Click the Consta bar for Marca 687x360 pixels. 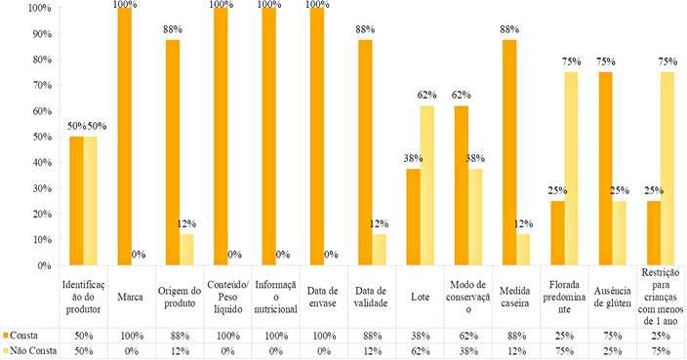[x=125, y=137]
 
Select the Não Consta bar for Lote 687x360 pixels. [x=427, y=185]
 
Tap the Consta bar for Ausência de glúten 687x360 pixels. [x=606, y=169]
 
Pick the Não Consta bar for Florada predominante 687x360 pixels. [x=571, y=169]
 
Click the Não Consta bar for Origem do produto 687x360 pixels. [x=186, y=250]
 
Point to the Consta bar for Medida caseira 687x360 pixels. [x=509, y=153]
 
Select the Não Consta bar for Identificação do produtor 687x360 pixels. [x=90, y=201]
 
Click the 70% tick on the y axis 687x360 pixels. [x=42, y=85]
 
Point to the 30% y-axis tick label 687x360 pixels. [x=42, y=188]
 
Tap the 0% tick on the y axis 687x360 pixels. [x=44, y=265]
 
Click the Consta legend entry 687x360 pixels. [x=20, y=336]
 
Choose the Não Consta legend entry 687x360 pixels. [x=30, y=351]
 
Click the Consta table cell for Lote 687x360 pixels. [x=421, y=336]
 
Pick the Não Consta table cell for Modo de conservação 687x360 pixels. [x=468, y=351]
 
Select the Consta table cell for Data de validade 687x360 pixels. [x=372, y=336]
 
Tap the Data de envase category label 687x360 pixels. [x=322, y=297]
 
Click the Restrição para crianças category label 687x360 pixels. [x=661, y=297]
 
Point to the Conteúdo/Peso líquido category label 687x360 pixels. [x=227, y=297]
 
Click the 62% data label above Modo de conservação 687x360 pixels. [x=462, y=95]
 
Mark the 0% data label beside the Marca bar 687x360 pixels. [x=139, y=255]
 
